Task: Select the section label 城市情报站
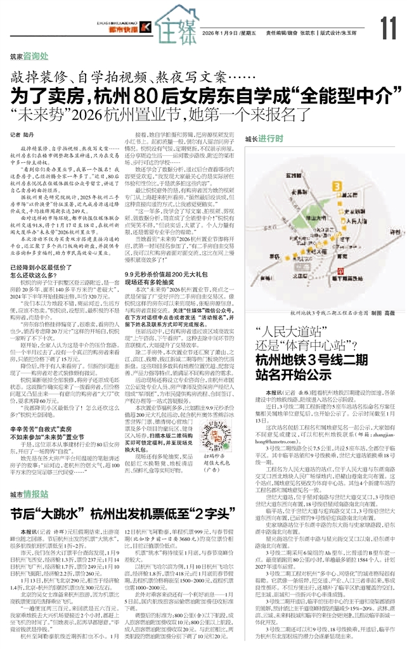click(x=29, y=476)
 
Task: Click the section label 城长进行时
click(x=265, y=138)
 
